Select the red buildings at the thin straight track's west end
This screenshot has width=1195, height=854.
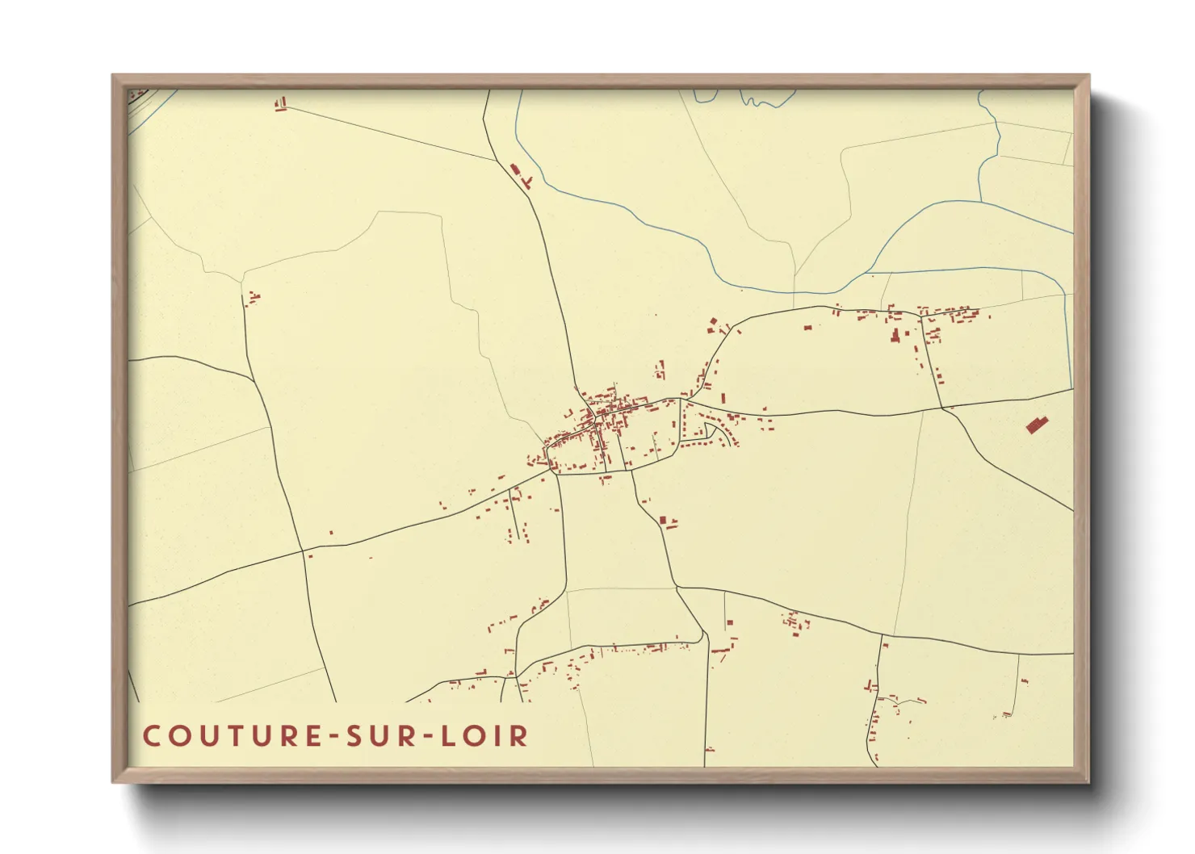coord(281,104)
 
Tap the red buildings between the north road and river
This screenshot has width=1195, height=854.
coord(519,174)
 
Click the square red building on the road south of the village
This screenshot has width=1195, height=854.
coord(665,521)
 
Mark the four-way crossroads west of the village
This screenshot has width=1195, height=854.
coord(304,552)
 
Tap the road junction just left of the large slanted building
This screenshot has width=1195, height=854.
coord(941,408)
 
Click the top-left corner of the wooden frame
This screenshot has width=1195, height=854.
coord(113,76)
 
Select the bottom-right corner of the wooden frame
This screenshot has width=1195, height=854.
coord(1088,781)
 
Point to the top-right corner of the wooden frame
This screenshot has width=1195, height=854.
coord(1088,76)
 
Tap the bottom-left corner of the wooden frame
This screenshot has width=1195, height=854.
coord(113,781)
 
